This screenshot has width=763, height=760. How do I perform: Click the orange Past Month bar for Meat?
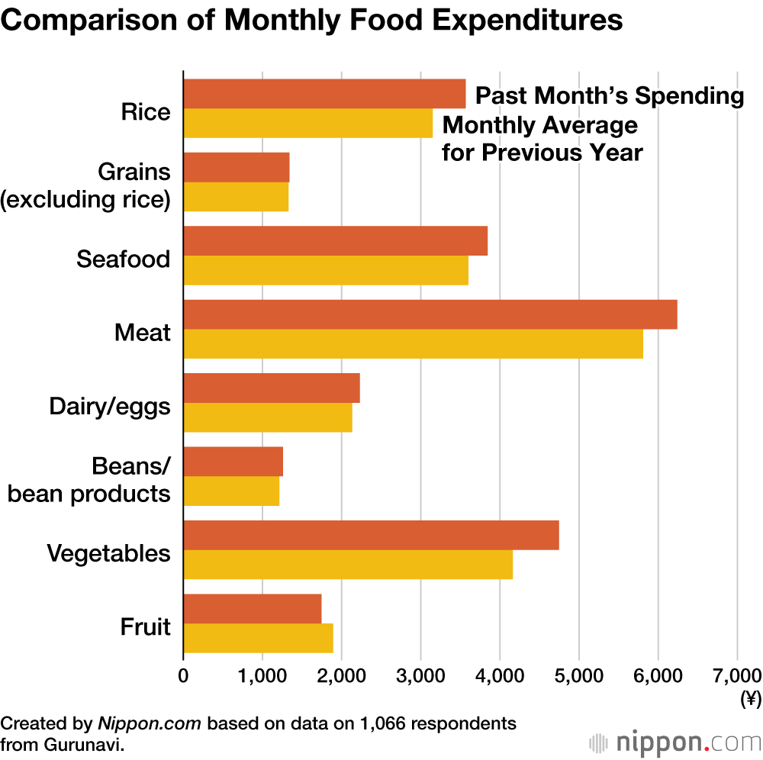point(430,314)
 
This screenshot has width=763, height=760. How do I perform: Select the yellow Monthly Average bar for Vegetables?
point(348,564)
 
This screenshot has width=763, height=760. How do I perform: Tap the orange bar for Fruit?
point(253,608)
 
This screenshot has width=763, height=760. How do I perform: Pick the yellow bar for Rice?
point(307,123)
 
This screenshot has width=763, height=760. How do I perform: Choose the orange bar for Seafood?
point(335,240)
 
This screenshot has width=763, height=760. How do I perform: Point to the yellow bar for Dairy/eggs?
point(268,417)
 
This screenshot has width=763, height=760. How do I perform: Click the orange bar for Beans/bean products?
point(233,461)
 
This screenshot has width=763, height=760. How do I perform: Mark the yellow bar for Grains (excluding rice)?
point(236,197)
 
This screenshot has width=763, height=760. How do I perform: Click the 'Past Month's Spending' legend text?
point(610,96)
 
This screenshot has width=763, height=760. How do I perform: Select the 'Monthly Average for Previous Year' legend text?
point(542,139)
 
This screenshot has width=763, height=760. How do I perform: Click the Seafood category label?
point(123,259)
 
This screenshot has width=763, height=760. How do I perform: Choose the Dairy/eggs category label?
point(110,407)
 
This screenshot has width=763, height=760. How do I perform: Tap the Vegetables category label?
point(108,553)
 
